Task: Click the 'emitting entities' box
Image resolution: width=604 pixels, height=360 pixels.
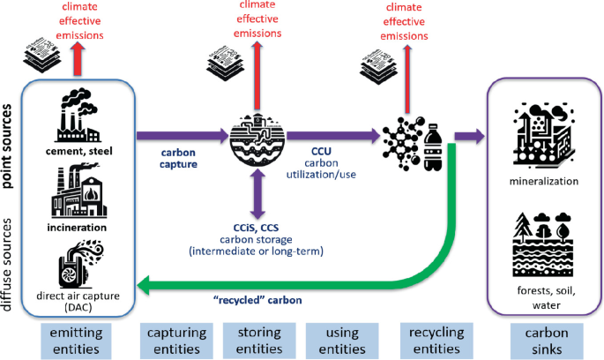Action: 81,341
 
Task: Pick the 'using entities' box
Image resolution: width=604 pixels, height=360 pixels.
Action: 340,341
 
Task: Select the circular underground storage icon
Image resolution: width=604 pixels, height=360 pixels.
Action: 257,137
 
